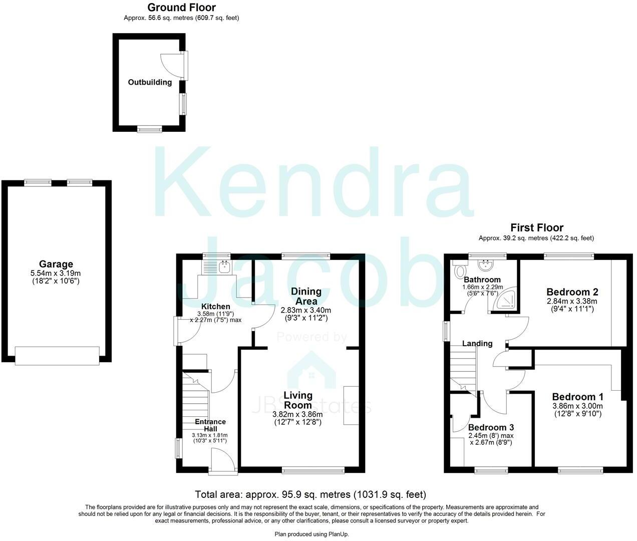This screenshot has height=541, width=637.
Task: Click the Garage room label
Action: (x=56, y=264)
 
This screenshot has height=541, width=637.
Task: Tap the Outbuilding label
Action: (x=150, y=82)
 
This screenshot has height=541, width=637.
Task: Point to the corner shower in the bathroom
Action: (x=506, y=299)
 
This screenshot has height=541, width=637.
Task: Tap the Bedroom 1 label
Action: (x=577, y=397)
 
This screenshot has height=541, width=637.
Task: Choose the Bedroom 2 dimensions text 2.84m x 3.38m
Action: (x=572, y=302)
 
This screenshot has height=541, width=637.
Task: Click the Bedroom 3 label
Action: (x=491, y=428)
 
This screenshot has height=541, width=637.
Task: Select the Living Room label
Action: (x=297, y=400)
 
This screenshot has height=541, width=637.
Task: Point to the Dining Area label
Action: (x=306, y=296)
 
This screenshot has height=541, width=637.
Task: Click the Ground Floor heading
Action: (x=181, y=8)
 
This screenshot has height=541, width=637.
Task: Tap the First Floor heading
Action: (x=536, y=228)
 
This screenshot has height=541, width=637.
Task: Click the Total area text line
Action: (x=310, y=495)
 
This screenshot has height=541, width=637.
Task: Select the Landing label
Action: (x=477, y=344)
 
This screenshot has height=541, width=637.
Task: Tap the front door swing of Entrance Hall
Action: (x=222, y=459)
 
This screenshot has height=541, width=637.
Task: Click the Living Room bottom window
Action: (x=313, y=470)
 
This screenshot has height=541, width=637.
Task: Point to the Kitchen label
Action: (x=216, y=307)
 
